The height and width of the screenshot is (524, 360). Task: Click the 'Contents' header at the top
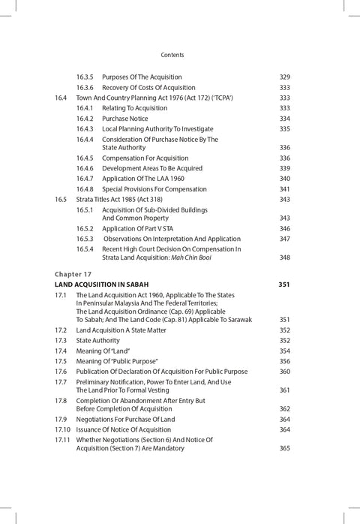point(172,55)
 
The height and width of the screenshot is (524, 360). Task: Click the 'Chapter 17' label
point(73,274)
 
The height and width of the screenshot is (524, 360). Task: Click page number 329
point(284,77)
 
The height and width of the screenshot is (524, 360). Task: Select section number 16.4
point(61,98)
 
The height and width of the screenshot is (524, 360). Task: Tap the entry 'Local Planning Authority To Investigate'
point(161,129)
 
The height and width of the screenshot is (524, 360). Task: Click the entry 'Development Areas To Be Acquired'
point(153,168)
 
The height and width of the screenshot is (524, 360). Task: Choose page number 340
point(284,179)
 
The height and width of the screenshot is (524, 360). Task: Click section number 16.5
point(61,200)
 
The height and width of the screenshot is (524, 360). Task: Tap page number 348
point(284,257)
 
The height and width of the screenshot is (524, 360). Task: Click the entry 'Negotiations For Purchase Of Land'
point(133,419)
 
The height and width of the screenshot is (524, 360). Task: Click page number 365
point(284,448)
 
